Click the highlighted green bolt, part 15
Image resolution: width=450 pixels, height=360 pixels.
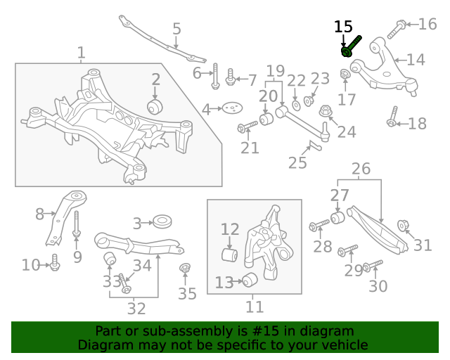coord(350,47)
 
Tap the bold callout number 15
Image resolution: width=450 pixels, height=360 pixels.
coord(343,27)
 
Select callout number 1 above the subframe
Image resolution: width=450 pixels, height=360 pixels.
coord(82,52)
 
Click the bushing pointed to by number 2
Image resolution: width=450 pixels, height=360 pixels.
coord(155,106)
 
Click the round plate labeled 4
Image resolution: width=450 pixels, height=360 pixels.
coord(231,108)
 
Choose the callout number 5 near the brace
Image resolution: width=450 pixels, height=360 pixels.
coord(176,29)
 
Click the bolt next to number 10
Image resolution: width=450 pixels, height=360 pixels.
coord(55,264)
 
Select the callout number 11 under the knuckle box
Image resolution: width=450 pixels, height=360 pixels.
coord(255,307)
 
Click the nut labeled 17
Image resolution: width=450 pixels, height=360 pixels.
coord(346,75)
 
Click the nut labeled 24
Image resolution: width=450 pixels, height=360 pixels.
coord(326,112)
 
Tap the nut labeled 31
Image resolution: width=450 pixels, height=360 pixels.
coord(404,226)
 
